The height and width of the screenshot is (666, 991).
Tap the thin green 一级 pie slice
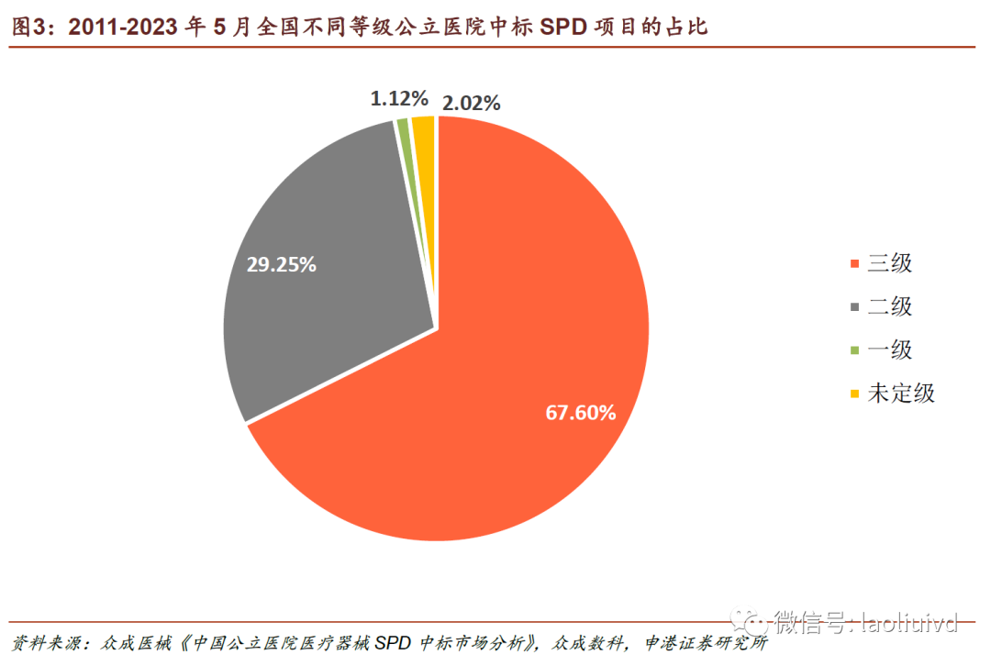403,133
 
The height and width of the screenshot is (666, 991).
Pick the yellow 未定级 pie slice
424,133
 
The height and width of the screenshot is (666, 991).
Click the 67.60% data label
580,413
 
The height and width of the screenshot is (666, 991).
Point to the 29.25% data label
281,264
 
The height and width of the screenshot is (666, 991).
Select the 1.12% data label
399,97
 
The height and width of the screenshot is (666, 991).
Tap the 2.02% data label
471,103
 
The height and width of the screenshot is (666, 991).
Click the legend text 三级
890,263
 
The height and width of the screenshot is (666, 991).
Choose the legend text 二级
890,306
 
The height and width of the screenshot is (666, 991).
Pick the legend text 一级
890,350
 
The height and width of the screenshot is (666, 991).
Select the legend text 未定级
901,394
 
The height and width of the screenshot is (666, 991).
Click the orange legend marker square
855,264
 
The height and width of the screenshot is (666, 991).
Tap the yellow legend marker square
855,394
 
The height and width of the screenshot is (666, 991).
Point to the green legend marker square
855,350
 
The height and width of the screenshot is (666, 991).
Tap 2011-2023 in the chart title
122,27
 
